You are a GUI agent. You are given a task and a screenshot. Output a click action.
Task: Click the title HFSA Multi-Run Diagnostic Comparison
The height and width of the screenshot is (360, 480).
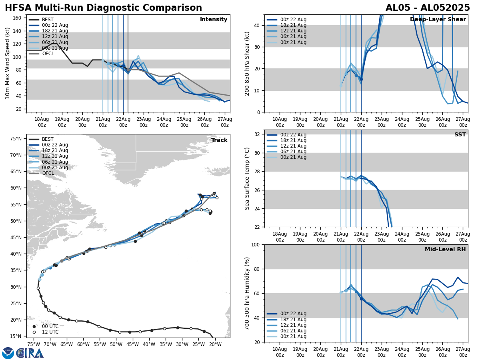pos(103,8)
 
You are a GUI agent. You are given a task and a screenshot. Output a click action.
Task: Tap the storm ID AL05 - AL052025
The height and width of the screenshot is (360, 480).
pos(428,8)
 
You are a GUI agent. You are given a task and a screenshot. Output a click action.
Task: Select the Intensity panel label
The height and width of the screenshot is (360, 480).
pos(214,20)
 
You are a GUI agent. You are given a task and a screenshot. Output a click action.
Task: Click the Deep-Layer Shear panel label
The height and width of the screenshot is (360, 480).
pos(438,20)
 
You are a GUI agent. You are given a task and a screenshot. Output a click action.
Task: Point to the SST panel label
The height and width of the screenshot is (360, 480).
pos(460,135)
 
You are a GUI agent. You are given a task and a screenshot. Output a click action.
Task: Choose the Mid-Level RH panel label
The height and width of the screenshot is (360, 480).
pos(445,250)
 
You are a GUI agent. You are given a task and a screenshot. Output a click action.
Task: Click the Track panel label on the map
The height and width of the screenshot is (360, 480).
pos(219,140)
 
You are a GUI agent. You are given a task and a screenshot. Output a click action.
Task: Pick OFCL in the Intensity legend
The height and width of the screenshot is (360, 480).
pos(48,54)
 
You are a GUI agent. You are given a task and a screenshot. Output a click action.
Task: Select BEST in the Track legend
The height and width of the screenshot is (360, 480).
pos(48,139)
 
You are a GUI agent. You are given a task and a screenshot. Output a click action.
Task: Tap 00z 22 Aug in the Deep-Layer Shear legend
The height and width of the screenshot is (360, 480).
pos(293,20)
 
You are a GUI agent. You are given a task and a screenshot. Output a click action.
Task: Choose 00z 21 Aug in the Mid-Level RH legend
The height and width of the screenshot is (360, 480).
pos(293,336)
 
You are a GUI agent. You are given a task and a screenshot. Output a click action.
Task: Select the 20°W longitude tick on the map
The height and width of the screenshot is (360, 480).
pos(215,344)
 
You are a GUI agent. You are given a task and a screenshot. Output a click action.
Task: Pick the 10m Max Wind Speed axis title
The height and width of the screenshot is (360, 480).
pos(8,63)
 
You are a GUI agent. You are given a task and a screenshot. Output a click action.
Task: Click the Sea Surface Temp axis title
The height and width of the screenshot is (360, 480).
pos(247,178)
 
